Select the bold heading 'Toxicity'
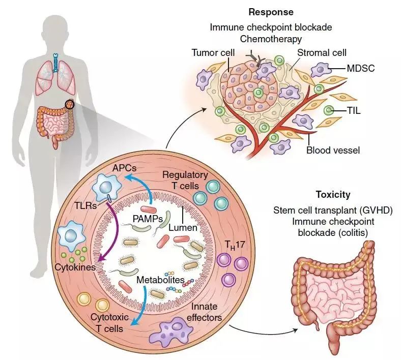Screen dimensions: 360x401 point(333,195)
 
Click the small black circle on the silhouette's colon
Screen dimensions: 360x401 point(70,105)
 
